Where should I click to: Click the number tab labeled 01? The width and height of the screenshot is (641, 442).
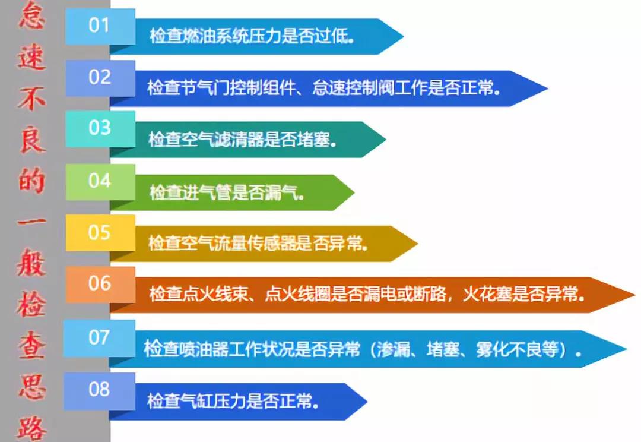[x=100, y=26]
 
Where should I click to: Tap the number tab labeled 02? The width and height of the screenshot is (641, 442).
[x=100, y=78]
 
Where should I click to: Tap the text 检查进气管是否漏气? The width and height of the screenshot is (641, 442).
[x=227, y=192]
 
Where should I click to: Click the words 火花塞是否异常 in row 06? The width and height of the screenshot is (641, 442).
[x=521, y=295]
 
